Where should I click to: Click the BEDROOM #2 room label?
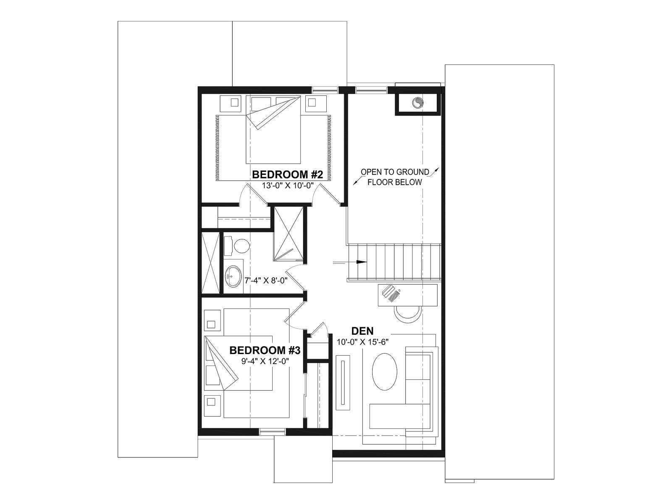pyautogui.click(x=287, y=175)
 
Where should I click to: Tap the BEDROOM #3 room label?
pyautogui.click(x=265, y=350)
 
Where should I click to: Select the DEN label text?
pyautogui.click(x=362, y=331)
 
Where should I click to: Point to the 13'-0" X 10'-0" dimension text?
pyautogui.click(x=288, y=186)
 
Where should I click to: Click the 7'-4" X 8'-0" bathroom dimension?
pyautogui.click(x=266, y=280)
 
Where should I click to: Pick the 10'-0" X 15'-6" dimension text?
pyautogui.click(x=363, y=342)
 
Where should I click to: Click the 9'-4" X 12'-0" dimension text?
pyautogui.click(x=265, y=361)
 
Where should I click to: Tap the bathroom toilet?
pyautogui.click(x=237, y=246)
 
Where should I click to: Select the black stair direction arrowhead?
pyautogui.click(x=362, y=262)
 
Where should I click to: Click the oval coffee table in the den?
pyautogui.click(x=385, y=372)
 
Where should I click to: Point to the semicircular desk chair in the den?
pyautogui.click(x=408, y=312)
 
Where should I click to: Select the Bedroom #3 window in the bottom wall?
pyautogui.click(x=273, y=431)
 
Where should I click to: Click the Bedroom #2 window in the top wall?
pyautogui.click(x=325, y=89)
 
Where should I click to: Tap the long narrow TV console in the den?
pyautogui.click(x=343, y=382)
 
